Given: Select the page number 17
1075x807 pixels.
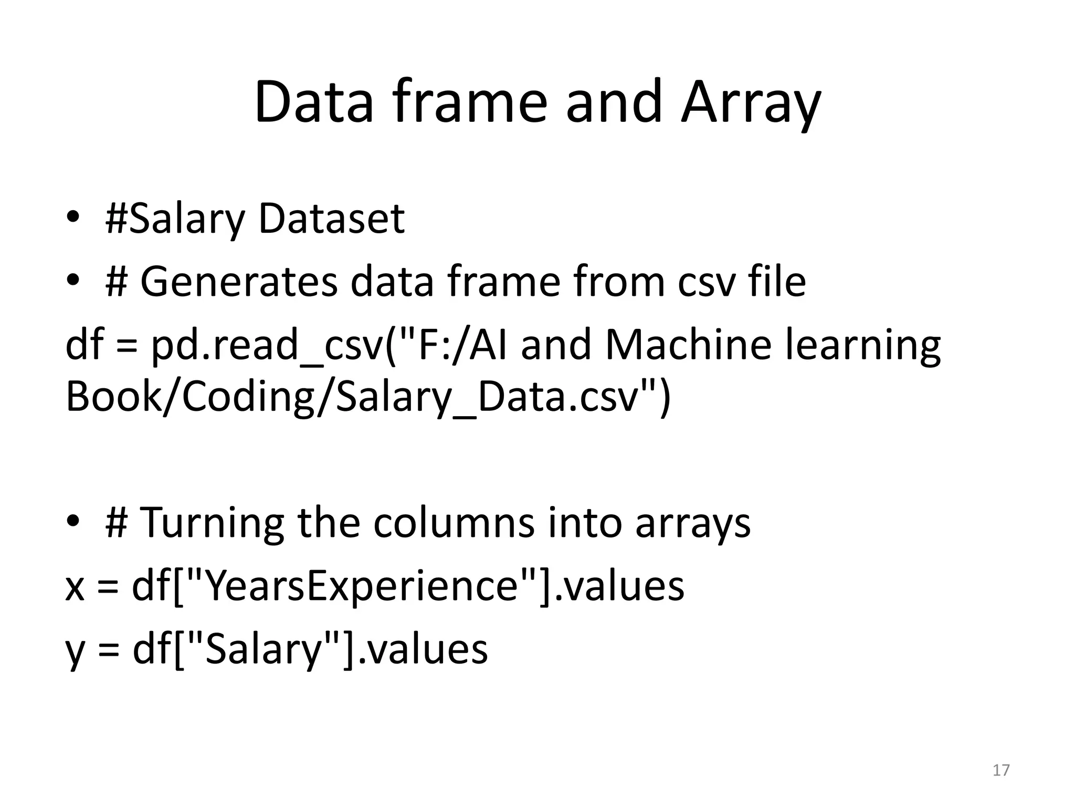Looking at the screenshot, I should pos(1001,770).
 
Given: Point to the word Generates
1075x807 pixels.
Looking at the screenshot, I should pos(239,282).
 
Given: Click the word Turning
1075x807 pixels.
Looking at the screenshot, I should pos(213,523).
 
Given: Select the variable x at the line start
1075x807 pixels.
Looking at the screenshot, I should pos(75,587).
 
